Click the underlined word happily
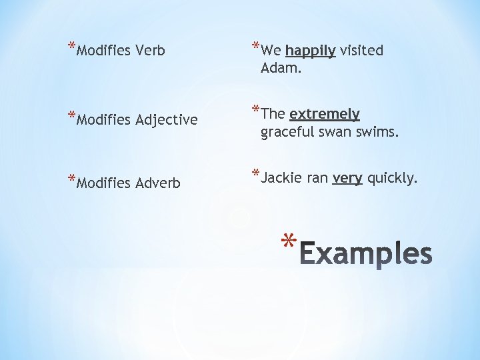(x=310, y=51)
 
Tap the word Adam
(x=281, y=67)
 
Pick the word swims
(x=378, y=132)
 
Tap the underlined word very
(x=347, y=179)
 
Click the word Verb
(x=150, y=50)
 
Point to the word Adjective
(x=166, y=121)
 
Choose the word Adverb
(x=158, y=183)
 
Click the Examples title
(x=366, y=254)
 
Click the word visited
(x=361, y=51)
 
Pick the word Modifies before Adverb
(x=103, y=183)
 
